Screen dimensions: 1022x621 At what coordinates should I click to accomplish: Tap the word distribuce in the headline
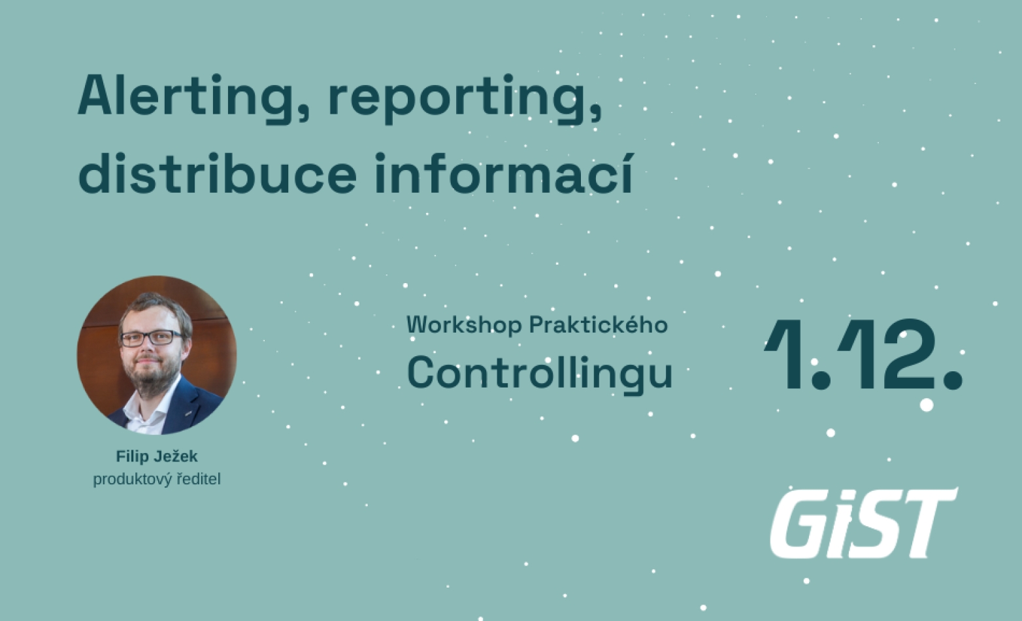pyautogui.click(x=217, y=174)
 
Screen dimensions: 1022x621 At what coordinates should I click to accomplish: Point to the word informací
pyautogui.click(x=504, y=174)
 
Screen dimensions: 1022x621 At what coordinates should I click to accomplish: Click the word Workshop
pyautogui.click(x=464, y=326)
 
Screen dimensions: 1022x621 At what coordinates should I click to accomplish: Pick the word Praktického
pyautogui.click(x=598, y=324)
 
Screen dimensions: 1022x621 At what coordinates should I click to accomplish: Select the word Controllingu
pyautogui.click(x=540, y=374)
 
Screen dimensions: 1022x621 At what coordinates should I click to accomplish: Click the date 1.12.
pyautogui.click(x=863, y=354)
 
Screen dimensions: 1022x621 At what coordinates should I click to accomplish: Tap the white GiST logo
pyautogui.click(x=863, y=523)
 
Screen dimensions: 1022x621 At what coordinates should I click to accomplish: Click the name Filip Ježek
pyautogui.click(x=156, y=456)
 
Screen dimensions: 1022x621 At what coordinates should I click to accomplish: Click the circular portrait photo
pyautogui.click(x=156, y=355)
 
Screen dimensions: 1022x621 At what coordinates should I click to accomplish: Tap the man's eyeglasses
pyautogui.click(x=150, y=338)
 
